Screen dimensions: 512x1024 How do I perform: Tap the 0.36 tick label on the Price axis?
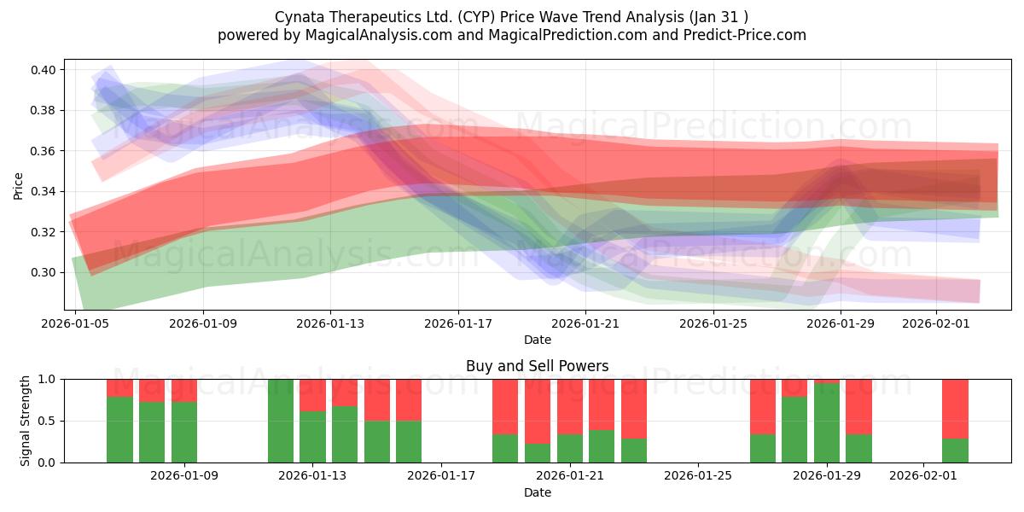pos(44,151)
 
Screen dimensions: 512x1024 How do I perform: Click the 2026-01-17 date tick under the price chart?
pos(458,323)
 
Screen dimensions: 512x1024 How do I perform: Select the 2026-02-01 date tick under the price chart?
pos(937,323)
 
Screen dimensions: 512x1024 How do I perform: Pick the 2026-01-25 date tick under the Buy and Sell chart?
pos(698,476)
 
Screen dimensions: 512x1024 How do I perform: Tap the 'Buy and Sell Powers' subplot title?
pos(537,366)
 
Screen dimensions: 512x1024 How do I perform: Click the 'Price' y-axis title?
pos(19,185)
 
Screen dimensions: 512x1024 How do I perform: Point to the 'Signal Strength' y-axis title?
pos(26,421)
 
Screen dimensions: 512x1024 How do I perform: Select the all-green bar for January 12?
pos(281,421)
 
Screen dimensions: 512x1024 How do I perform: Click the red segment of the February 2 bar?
pos(955,408)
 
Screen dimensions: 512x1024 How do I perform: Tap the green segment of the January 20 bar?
pos(570,448)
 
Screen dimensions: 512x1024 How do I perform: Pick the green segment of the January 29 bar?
pos(827,423)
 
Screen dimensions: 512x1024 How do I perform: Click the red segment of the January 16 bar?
pos(409,399)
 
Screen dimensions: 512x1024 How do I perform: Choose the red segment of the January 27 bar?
pos(763,406)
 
